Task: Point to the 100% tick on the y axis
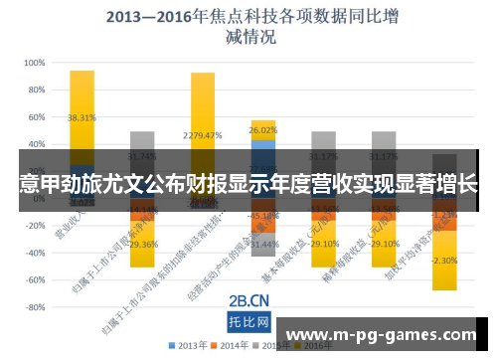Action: click(x=34, y=62)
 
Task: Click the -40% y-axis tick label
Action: click(x=33, y=253)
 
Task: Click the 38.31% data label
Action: click(x=82, y=117)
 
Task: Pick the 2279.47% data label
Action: click(x=202, y=135)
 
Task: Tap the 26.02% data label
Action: click(x=262, y=129)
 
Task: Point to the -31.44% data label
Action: click(x=262, y=244)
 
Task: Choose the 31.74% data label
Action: click(x=142, y=156)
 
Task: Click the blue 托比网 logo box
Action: click(x=249, y=322)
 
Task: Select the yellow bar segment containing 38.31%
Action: click(x=82, y=109)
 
